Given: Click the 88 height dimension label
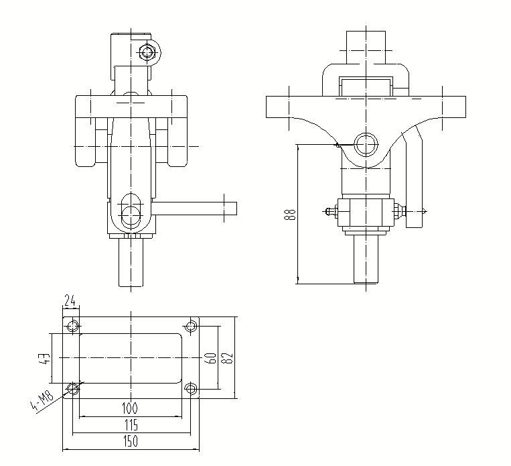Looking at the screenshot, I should pos(289,215).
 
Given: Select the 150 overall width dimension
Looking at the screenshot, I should pos(130,441).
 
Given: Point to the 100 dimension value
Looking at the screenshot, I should pos(130,408).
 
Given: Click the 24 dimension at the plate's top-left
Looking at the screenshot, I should pos(70,299).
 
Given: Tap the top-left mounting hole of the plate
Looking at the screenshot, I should pos(72,327).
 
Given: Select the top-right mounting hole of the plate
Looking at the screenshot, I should pos(191,327).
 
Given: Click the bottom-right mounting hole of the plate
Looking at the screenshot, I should pos(191,388).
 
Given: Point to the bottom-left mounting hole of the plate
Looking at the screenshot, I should pos(72,388).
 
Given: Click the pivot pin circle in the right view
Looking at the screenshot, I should pos(366,143).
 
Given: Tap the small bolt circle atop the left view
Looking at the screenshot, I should pos(148,52).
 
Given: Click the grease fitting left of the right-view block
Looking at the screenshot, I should pos(330,211).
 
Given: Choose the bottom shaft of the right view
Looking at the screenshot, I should pos(366,258).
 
